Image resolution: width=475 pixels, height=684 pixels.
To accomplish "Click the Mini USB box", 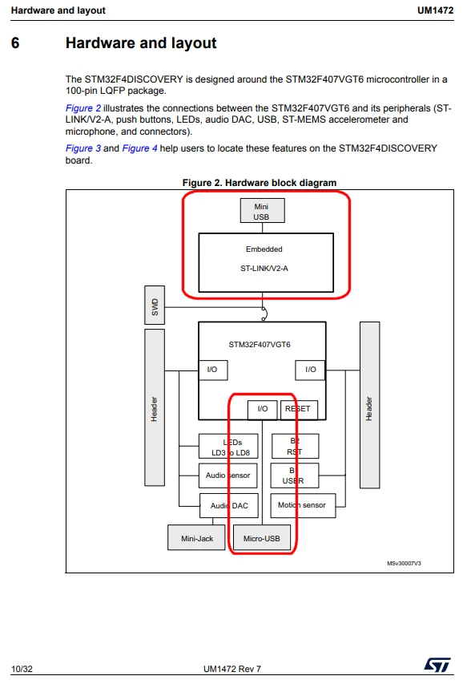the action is point(263,211).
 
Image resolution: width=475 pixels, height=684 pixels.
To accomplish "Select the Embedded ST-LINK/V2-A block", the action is point(266,262).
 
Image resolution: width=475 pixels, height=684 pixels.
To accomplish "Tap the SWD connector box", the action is point(155,305).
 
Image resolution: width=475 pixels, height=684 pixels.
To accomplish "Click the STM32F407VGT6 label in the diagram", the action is point(260,345).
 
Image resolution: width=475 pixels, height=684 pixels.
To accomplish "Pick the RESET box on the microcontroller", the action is point(299,410).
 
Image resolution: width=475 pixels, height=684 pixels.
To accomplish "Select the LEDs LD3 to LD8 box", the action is point(228,446).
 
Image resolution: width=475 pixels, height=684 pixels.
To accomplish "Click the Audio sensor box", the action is point(228,475).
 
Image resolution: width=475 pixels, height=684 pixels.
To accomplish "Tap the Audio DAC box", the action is point(229,506).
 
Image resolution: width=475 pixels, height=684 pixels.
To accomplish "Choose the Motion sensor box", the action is point(303,506).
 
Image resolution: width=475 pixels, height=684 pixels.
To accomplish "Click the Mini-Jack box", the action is point(196,537).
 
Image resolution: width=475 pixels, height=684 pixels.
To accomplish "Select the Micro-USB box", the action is point(261,537).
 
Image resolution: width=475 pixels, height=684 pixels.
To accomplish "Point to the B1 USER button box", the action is point(295,476).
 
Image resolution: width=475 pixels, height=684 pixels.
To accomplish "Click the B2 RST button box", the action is point(295,446).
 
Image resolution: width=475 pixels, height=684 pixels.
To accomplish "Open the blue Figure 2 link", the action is point(83,108).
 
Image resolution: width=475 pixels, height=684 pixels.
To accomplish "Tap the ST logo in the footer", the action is point(437,665).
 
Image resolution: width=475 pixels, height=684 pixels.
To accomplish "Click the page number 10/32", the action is point(22,669).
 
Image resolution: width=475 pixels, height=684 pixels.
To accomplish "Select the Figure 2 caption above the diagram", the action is point(260,183).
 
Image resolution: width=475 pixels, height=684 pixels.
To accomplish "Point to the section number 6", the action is point(15,42).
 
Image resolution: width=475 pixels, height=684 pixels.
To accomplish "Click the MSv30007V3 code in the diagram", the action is point(404,563).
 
